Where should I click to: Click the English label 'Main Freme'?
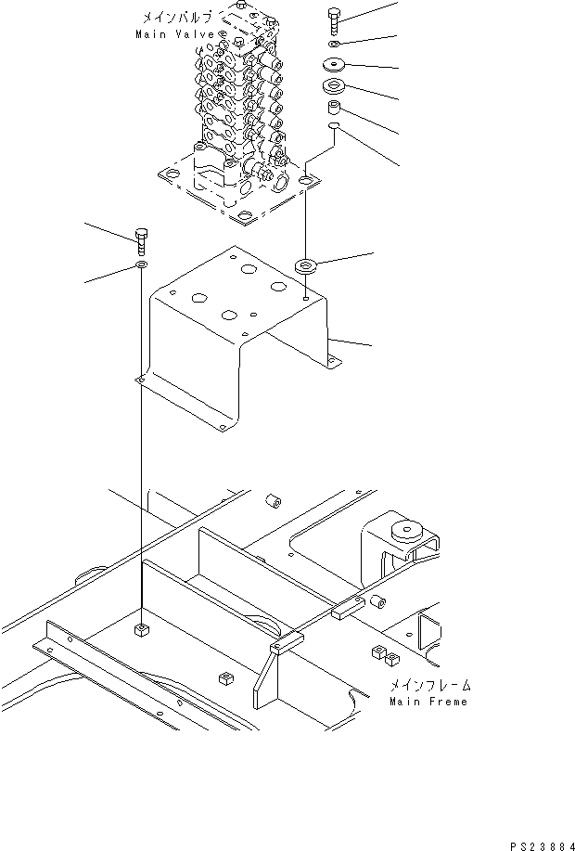[x=428, y=701]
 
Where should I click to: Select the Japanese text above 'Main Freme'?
[x=429, y=685]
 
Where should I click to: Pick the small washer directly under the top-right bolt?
[x=335, y=44]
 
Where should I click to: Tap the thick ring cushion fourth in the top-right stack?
[x=335, y=89]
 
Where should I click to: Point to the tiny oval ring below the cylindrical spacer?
[x=335, y=129]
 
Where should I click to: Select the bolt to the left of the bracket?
[x=141, y=240]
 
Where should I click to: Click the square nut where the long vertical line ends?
[x=141, y=632]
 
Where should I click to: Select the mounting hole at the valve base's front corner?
[x=244, y=218]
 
